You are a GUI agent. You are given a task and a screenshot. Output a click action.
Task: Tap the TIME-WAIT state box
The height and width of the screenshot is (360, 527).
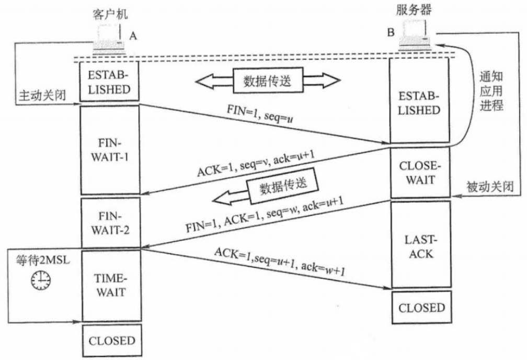[111, 285]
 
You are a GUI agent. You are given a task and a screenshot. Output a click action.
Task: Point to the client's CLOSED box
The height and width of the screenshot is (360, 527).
[111, 341]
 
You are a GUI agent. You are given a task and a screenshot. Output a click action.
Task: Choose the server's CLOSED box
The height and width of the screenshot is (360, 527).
[421, 308]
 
